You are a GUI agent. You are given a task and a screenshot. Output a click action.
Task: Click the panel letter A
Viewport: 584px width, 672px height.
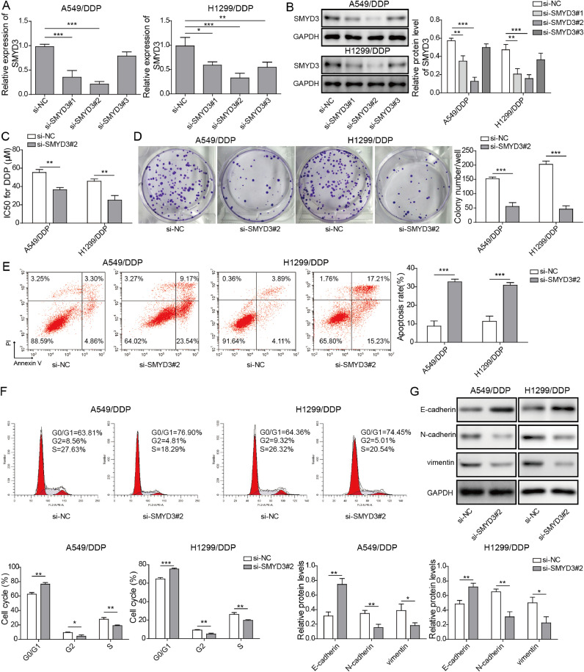point(6,7)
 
